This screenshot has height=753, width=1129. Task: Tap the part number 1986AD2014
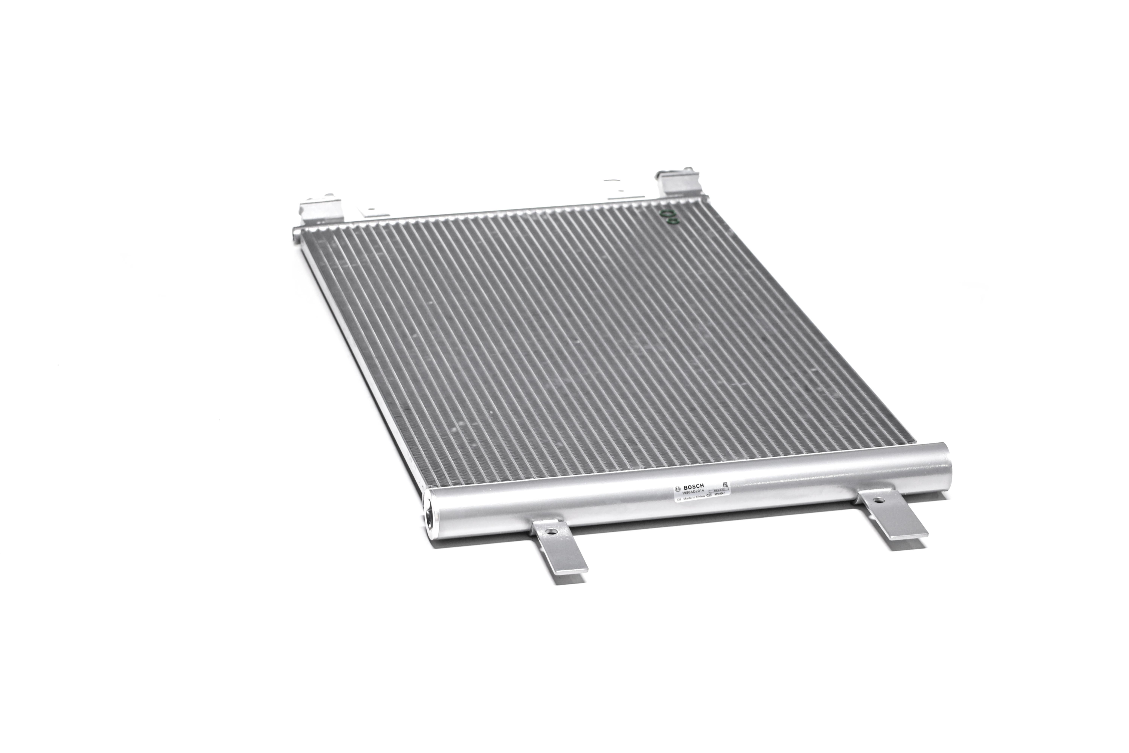(x=693, y=492)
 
